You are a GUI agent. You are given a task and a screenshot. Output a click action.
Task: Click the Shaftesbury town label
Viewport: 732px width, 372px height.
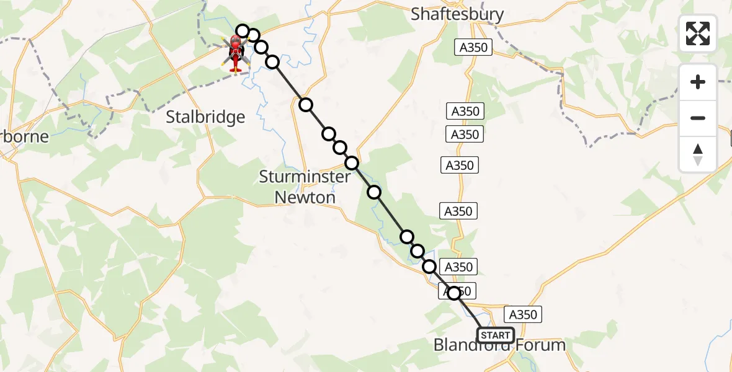point(457,14)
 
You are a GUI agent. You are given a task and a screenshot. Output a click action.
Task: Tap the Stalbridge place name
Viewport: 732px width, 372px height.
point(206,117)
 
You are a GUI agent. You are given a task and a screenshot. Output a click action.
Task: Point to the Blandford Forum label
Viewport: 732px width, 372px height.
point(499,345)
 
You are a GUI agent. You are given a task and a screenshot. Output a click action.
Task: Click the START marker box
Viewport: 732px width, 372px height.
point(495,335)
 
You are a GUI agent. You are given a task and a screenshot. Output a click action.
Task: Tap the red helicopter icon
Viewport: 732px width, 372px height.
point(235,52)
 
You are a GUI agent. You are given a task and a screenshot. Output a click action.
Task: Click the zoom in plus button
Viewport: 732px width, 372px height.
point(698,82)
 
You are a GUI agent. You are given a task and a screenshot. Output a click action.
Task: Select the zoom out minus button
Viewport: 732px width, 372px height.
point(698,118)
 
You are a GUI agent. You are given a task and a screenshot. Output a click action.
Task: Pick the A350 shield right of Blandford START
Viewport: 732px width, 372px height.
point(522,314)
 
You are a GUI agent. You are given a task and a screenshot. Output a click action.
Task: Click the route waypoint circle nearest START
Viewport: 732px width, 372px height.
point(455,293)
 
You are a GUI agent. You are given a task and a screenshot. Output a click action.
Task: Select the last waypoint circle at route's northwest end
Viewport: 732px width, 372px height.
point(243,31)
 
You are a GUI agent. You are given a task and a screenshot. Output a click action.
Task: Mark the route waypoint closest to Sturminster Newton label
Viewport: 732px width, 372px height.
point(352,163)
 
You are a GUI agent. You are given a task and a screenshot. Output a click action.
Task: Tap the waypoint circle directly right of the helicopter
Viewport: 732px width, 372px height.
point(261,47)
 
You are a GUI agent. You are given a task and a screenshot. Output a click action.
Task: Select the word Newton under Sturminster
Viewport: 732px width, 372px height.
point(305,197)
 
